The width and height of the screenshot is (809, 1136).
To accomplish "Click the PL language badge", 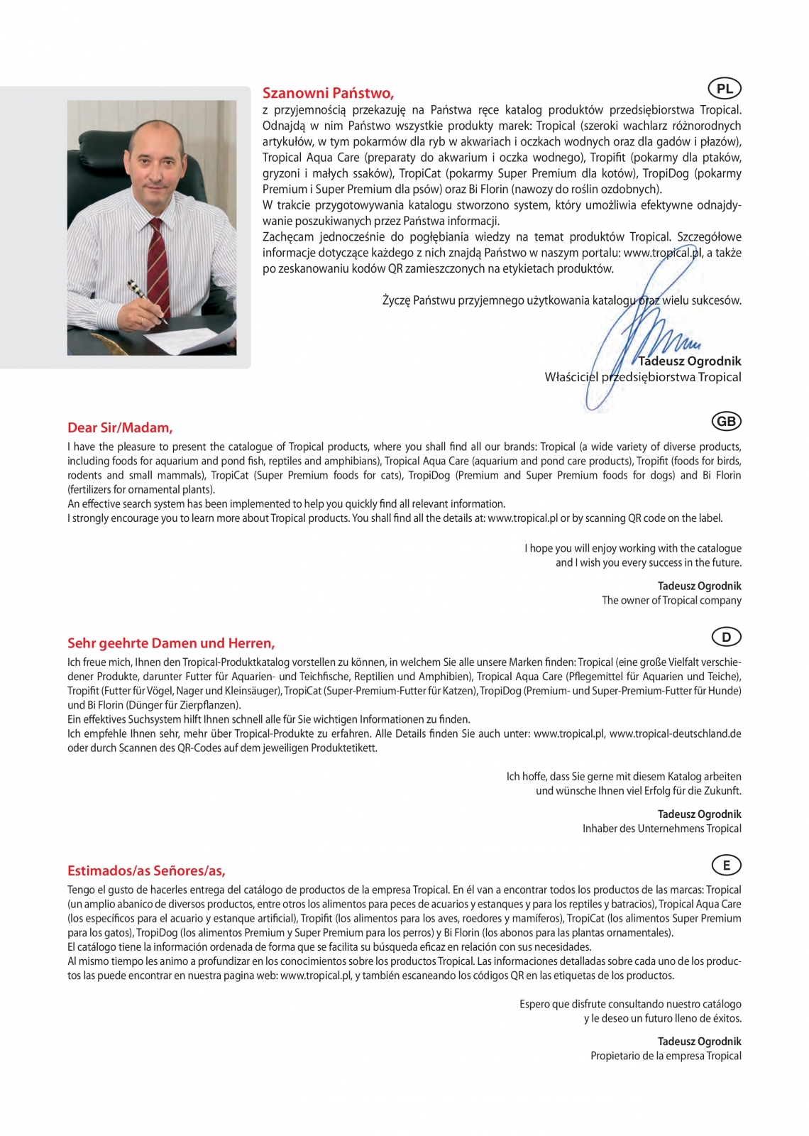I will click(725, 89).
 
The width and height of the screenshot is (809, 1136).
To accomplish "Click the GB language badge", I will click(726, 422).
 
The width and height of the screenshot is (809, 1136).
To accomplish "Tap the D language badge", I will click(726, 637).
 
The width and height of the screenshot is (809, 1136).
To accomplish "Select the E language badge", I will click(726, 865).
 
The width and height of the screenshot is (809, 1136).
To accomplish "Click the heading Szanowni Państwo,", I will click(328, 93).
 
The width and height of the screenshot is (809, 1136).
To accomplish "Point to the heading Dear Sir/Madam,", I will click(120, 427).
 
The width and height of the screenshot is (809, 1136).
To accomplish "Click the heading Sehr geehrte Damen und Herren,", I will click(171, 643).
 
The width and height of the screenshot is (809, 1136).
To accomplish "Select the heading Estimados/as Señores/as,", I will click(146, 870).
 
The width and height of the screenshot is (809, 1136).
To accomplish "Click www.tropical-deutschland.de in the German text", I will click(675, 733).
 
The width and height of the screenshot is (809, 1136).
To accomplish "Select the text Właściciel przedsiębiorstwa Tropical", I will click(642, 377).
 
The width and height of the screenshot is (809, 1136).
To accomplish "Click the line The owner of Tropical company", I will click(671, 601).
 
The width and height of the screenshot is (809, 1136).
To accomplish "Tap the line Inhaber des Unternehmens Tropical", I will click(661, 829).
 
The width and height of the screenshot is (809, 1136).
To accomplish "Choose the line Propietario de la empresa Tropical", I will click(666, 1056).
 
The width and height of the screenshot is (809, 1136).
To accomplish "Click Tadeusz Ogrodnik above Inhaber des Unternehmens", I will click(699, 814).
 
